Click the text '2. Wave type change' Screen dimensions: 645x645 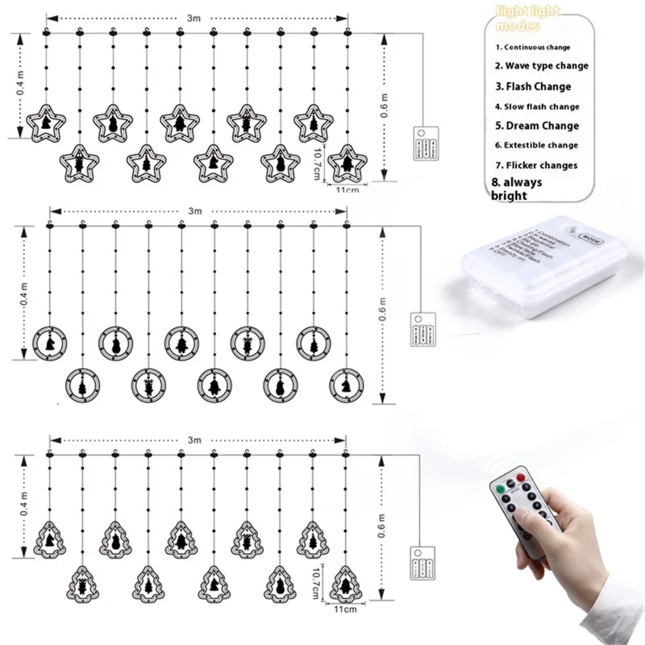click(541, 66)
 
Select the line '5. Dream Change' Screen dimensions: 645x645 click(536, 126)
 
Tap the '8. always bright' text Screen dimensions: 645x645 click(517, 189)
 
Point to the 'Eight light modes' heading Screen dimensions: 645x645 click(527, 17)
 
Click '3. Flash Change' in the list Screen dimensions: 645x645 click(532, 86)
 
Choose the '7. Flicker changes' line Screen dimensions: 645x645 click(536, 165)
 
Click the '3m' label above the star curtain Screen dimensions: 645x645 click(194, 15)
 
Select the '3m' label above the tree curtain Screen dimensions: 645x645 click(194, 440)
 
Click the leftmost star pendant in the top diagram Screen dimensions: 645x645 click(45, 124)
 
